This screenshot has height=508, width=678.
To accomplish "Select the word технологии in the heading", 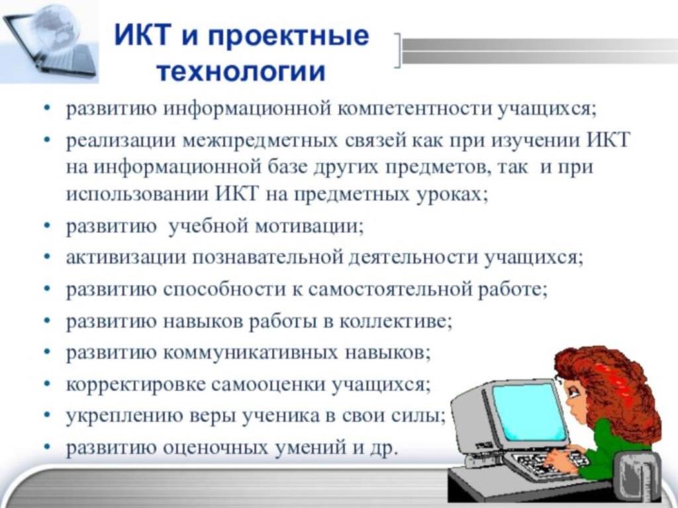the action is [x=240, y=71].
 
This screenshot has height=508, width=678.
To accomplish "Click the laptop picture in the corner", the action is [x=49, y=42].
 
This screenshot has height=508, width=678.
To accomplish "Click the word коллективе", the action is [x=395, y=321].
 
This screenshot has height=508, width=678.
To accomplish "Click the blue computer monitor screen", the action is [x=529, y=412].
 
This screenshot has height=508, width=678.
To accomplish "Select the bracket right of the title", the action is [x=398, y=51].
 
